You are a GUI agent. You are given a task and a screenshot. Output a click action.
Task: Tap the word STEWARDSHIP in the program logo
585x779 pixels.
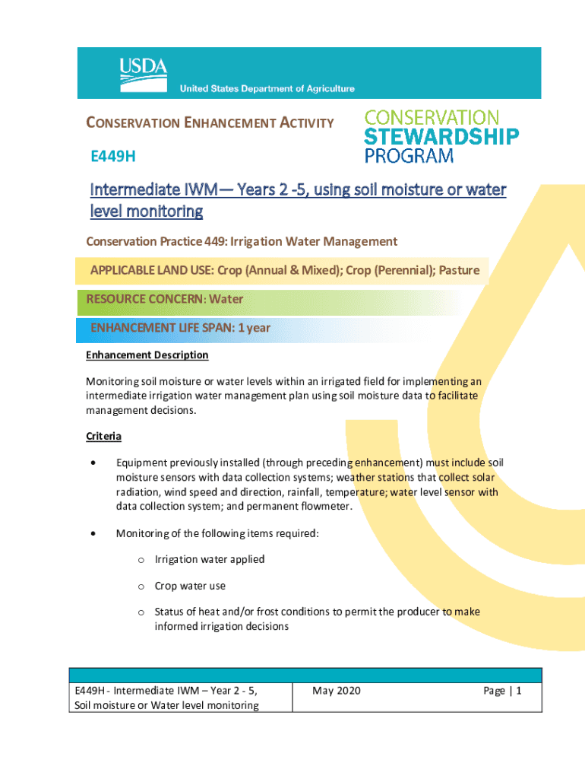[442, 137]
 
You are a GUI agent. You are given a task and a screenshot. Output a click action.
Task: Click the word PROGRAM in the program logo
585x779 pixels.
[409, 156]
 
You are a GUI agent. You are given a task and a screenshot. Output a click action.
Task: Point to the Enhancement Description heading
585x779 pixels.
[147, 355]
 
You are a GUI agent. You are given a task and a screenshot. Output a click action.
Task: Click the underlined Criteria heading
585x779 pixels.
[103, 437]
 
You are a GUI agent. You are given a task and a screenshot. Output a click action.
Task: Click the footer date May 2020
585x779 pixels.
[337, 691]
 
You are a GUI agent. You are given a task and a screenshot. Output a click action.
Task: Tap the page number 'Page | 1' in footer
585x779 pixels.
[502, 691]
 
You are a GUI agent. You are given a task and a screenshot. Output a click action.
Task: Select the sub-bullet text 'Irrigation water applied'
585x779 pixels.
[210, 559]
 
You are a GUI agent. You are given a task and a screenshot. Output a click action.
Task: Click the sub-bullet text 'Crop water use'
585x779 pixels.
[190, 586]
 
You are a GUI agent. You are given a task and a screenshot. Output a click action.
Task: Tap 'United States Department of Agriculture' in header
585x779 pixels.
[267, 89]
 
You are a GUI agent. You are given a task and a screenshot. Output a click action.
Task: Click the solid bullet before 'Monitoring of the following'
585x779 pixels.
[92, 533]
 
